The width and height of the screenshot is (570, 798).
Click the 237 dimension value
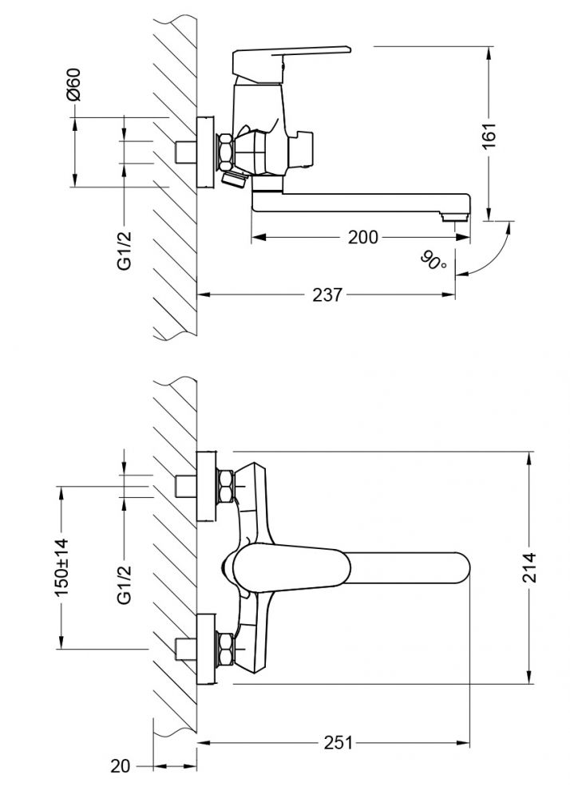click(x=327, y=295)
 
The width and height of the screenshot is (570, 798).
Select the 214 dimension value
click(x=530, y=567)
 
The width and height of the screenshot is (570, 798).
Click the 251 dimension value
click(x=338, y=742)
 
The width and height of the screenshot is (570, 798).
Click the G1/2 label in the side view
click(x=124, y=250)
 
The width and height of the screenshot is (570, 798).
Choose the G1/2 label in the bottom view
click(x=124, y=585)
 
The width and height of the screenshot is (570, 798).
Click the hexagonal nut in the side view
click(x=225, y=152)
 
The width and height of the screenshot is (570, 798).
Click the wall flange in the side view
click(x=206, y=152)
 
